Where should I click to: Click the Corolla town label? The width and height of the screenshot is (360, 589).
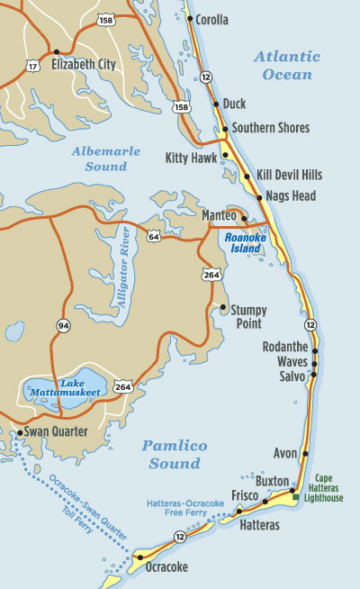212,18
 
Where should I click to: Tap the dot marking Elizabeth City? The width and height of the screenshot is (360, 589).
58,52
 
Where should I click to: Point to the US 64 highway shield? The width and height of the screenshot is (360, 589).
154,237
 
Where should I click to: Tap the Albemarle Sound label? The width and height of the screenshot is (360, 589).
105,159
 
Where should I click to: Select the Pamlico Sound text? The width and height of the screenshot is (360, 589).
175,455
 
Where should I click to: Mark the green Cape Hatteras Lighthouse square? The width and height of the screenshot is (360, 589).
296,496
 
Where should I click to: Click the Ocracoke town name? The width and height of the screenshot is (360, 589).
166,567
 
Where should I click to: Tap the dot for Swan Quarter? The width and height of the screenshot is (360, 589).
20,432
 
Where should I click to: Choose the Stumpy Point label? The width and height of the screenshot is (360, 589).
249,315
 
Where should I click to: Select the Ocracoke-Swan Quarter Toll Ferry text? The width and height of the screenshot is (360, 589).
86,505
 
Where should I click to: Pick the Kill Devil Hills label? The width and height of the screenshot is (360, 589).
289,175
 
